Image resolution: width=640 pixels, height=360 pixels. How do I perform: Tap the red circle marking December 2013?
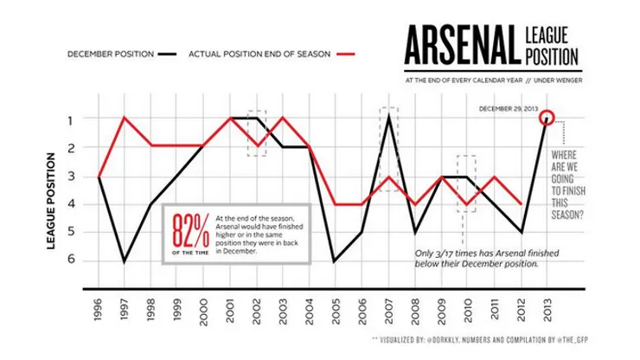coord(546,118)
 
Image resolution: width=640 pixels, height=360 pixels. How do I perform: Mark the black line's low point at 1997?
coord(125,260)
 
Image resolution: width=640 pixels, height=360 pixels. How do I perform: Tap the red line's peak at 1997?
coord(125,118)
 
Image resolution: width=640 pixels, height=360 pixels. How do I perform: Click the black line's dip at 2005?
coord(336,260)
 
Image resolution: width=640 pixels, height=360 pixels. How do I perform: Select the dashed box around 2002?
coord(257,132)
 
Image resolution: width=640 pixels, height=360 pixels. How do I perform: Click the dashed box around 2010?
coord(466,183)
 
